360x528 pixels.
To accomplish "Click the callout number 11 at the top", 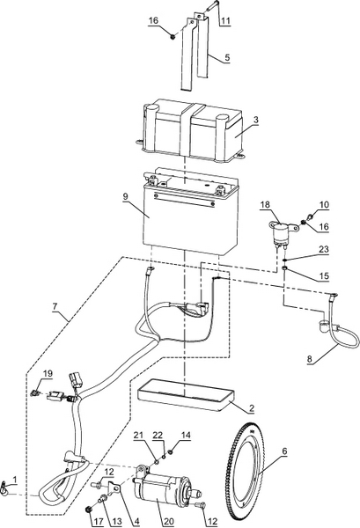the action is (225, 20).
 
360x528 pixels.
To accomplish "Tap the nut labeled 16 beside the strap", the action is (173, 36).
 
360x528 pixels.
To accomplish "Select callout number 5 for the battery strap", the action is (227, 57).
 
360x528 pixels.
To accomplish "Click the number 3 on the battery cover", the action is (256, 120).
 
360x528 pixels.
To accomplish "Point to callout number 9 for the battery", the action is (125, 196).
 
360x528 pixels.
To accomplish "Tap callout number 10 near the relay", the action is (324, 204).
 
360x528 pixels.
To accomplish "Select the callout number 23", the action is (324, 249).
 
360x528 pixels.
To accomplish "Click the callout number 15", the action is (324, 275).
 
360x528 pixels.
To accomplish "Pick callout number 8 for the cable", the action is (310, 359).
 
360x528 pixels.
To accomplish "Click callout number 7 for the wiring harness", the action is (55, 306).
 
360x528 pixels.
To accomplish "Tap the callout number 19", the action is (48, 373).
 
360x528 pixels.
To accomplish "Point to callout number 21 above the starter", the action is (138, 435).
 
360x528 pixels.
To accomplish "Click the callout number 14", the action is (186, 435).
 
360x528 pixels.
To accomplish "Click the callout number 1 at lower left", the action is (15, 479).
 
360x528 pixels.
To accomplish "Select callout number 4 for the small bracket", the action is (136, 521).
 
